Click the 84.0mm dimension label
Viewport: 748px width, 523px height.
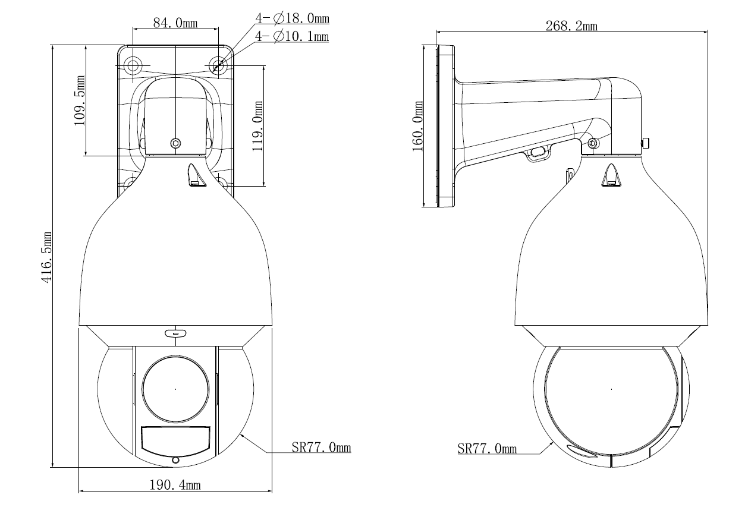pyautogui.click(x=175, y=23)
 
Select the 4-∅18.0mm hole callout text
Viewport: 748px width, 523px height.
pyautogui.click(x=292, y=19)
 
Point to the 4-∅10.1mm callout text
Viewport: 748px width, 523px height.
pyautogui.click(x=292, y=37)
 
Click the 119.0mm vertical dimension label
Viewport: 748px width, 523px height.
pyautogui.click(x=257, y=126)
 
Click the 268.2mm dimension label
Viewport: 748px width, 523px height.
pyautogui.click(x=571, y=26)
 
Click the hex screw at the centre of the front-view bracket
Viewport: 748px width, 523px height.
pyautogui.click(x=175, y=143)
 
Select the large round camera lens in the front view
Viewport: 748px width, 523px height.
pyautogui.click(x=175, y=389)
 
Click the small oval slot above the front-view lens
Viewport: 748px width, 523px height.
pyautogui.click(x=175, y=333)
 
